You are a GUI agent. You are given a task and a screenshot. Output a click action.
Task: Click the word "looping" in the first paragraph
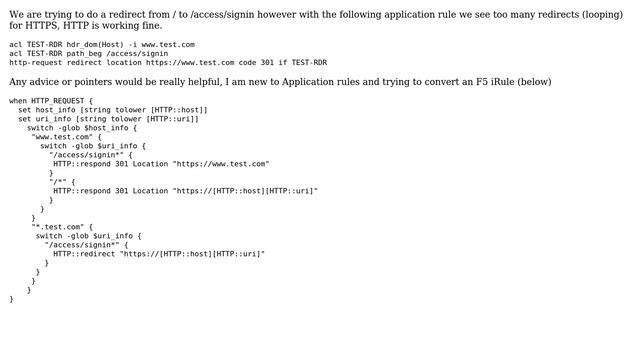coord(600,14)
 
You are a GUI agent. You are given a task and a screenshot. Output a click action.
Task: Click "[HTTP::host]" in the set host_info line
coord(179,110)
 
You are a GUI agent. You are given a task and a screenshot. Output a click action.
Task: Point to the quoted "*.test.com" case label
coord(56,227)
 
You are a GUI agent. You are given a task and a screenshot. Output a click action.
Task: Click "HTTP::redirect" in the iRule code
coord(84,254)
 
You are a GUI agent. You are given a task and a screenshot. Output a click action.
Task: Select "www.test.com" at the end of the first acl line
coord(168,45)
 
